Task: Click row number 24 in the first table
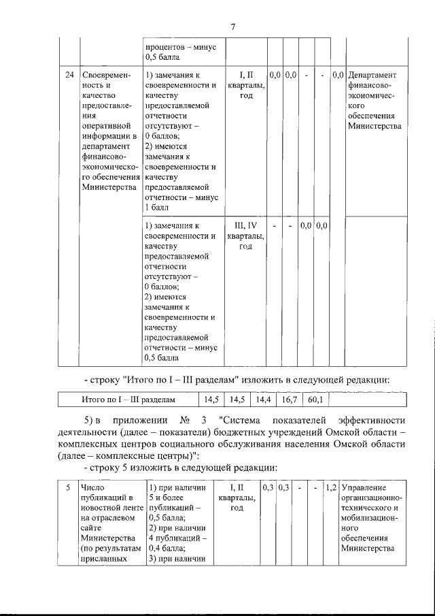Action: tap(69, 74)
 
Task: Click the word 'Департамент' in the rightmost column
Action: tap(373, 74)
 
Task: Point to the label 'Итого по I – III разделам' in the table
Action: tap(128, 400)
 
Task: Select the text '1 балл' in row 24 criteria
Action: tap(156, 208)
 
